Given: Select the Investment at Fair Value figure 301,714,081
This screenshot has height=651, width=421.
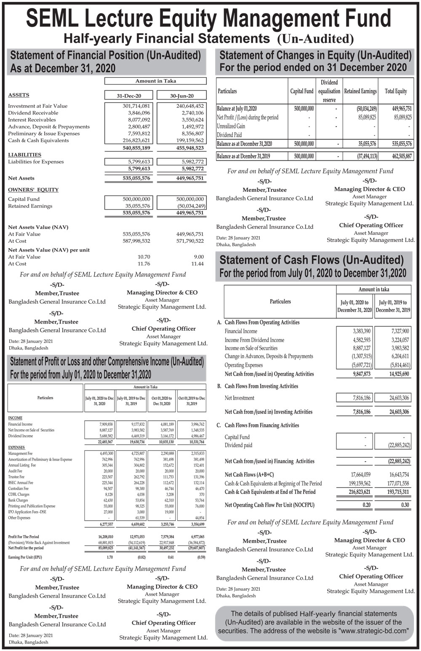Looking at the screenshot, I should pos(133,106).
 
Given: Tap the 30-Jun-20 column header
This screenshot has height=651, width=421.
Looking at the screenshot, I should pos(182,96).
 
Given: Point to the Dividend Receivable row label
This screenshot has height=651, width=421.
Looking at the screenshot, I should pos(33,113).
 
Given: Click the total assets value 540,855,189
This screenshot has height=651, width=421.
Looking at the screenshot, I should pos(133,148).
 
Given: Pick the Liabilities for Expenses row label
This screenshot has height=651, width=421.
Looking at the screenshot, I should pos(36,162).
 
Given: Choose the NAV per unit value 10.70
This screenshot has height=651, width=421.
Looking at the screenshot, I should pos(144,257).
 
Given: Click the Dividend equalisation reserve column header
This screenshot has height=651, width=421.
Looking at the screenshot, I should pos(329,91).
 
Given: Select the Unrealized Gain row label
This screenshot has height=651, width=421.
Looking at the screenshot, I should pos(231,126).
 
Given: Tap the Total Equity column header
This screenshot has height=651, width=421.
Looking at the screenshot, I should pos(396,91).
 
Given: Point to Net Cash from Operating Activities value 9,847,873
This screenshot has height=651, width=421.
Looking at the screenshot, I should pos(362,374).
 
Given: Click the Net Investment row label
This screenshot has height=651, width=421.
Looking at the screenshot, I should pos(240,398).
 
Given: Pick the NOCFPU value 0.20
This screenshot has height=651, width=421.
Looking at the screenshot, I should pos(367,505).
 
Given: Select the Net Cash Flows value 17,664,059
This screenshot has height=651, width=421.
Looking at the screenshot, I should pos(361,475).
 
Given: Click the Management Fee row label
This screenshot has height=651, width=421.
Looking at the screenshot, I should pos(20,454).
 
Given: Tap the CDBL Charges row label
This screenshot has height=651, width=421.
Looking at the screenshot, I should pos(19,494).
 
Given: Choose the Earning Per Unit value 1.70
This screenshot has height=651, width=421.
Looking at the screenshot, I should pos(109,557).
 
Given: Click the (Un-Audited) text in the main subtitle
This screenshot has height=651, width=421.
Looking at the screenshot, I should pos(315,39).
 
